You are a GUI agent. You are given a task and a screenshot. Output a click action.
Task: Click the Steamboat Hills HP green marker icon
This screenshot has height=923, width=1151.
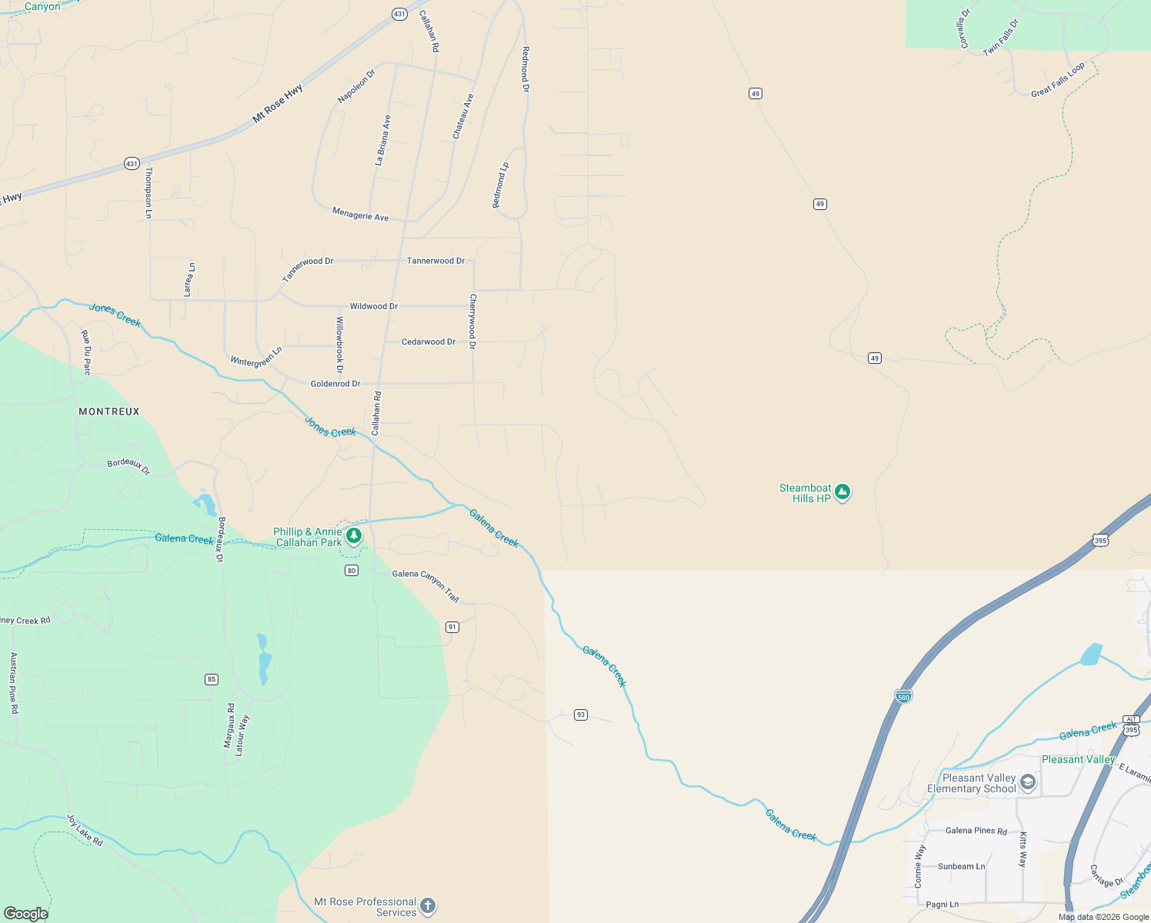tap(842, 491)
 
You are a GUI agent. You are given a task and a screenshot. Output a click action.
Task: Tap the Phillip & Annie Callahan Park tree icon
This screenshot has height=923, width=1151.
tap(354, 535)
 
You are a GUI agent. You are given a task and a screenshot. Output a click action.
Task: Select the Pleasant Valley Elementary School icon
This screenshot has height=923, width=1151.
tap(1028, 783)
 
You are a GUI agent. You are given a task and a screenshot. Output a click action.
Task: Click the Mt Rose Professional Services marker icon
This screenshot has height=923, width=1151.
tap(428, 906)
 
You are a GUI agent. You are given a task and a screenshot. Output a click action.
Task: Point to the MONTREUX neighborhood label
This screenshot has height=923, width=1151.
tap(109, 412)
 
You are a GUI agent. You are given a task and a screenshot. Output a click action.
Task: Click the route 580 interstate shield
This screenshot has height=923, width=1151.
tap(904, 696)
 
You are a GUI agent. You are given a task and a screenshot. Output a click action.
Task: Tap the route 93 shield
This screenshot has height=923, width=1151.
tap(581, 715)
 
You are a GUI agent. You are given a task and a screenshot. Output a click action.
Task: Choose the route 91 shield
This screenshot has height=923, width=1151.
tap(452, 627)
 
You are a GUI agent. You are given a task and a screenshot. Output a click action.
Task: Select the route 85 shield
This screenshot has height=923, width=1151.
tap(212, 679)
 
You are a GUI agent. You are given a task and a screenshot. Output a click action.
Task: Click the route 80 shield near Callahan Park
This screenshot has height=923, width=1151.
tap(352, 570)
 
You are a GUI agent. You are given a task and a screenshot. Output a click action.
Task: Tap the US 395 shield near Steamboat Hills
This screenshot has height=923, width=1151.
tap(1100, 541)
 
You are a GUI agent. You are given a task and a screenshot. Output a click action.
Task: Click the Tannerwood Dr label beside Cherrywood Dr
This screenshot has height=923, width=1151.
tap(435, 261)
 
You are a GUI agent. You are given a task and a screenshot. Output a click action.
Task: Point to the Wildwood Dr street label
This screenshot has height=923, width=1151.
tap(374, 306)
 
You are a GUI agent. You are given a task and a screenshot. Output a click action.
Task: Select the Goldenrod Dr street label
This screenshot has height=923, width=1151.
tap(335, 384)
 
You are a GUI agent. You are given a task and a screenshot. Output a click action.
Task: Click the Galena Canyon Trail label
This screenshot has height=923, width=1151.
tap(425, 585)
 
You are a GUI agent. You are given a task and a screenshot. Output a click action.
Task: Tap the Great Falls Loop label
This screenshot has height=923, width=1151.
tap(1058, 80)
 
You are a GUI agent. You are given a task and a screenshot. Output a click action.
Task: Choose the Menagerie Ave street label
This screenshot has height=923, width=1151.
tap(360, 214)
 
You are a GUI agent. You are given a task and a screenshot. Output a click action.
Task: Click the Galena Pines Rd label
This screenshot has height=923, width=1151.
tap(976, 831)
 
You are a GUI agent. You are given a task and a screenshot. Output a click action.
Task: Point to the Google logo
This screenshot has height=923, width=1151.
tap(25, 914)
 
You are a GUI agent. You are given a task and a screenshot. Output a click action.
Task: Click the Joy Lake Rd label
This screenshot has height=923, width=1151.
tap(85, 831)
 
